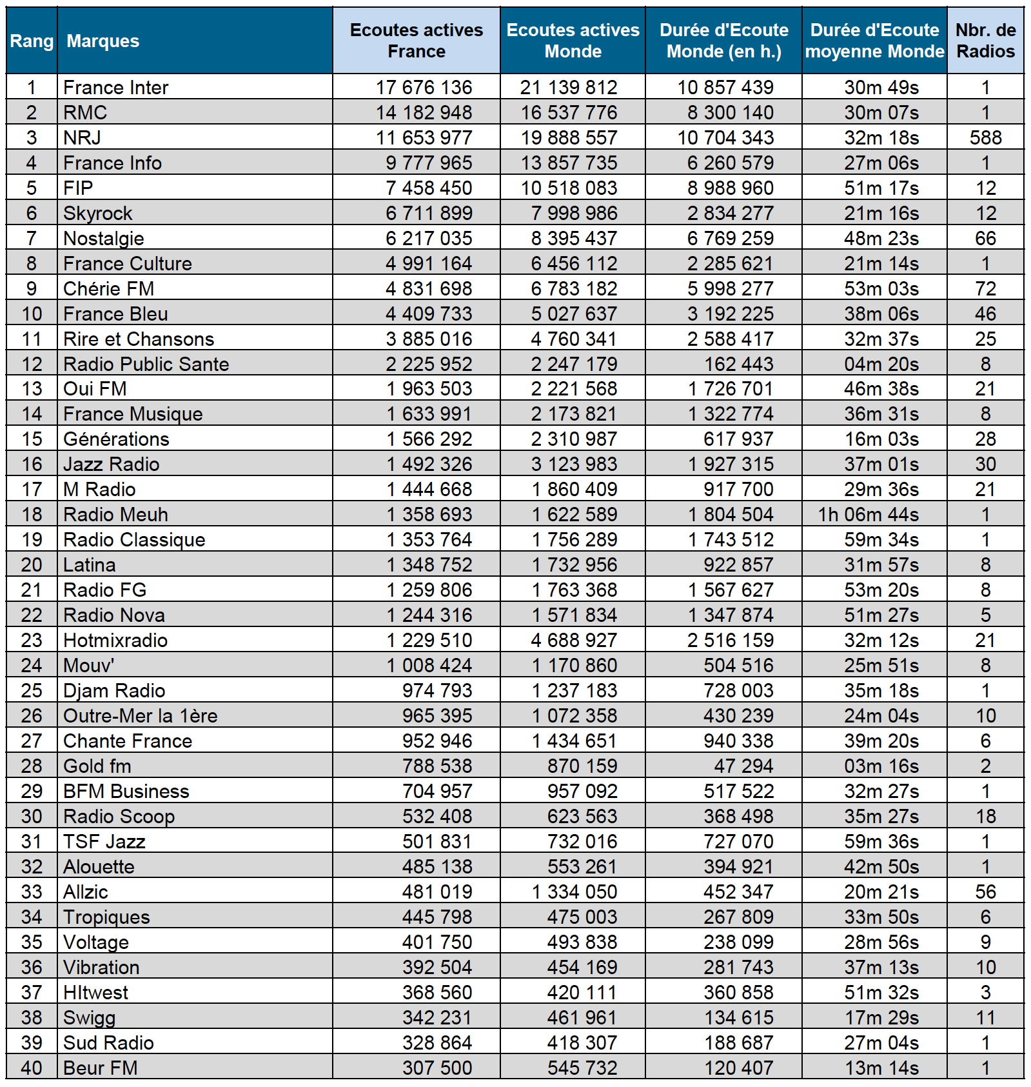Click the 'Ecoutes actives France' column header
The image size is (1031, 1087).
[x=416, y=41]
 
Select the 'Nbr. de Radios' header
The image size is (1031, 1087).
[x=985, y=41]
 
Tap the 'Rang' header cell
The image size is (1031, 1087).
[x=32, y=41]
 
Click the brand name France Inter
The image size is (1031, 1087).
[x=115, y=87]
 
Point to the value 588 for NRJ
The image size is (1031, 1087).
[x=985, y=137]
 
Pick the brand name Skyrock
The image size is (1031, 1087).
[x=97, y=213]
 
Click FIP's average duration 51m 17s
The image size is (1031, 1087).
[x=881, y=188]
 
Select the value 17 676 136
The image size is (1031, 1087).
[x=424, y=87]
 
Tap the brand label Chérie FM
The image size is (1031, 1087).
[x=108, y=288]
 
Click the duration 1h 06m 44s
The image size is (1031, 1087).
[x=869, y=514]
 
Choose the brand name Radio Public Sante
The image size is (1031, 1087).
[x=146, y=364]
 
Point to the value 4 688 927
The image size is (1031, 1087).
[x=574, y=640]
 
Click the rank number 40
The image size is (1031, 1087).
[x=32, y=1068]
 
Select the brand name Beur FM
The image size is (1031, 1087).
[x=100, y=1068]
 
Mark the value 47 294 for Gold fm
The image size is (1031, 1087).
[x=743, y=766]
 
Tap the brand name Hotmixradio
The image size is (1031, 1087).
[x=115, y=640]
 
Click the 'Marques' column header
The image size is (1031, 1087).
[x=103, y=41]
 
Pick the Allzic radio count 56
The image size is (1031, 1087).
[x=985, y=892]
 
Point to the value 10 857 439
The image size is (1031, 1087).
[x=725, y=87]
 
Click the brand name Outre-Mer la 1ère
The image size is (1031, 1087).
[x=140, y=715]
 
